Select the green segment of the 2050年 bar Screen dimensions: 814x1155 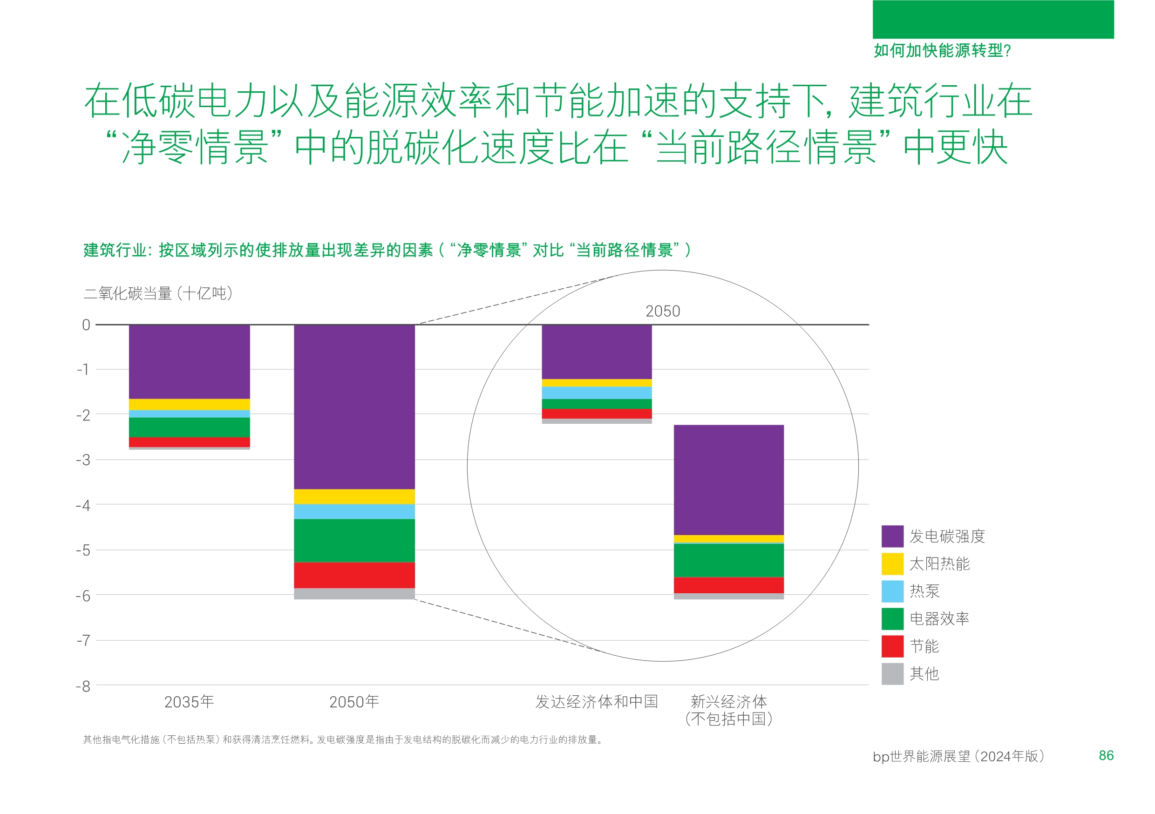(354, 540)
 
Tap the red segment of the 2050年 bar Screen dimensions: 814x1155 (354, 575)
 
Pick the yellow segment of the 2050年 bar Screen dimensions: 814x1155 (354, 496)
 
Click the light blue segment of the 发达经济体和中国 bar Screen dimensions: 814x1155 (597, 393)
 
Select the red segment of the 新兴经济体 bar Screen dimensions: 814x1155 (728, 584)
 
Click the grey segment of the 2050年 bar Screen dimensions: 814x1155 (354, 593)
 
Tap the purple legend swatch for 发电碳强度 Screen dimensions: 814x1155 (892, 536)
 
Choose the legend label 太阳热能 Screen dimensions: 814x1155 (939, 563)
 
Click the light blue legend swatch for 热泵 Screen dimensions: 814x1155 (892, 591)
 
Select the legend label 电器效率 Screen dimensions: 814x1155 (939, 618)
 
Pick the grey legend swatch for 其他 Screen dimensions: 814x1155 (892, 674)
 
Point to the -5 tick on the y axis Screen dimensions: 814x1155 (83, 550)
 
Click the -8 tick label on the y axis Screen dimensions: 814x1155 (83, 686)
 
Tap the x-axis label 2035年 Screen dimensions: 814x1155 (189, 701)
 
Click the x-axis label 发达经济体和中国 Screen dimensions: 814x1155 (597, 701)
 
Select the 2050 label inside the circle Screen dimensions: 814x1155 (663, 311)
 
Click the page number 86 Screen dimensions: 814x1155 (1106, 755)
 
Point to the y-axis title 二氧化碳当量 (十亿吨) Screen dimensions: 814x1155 (158, 293)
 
